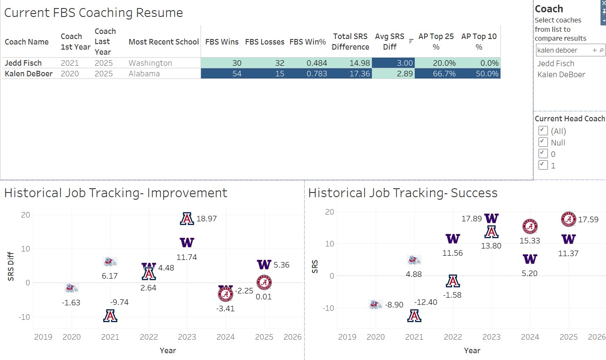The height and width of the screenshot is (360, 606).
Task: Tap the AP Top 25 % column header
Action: click(x=436, y=42)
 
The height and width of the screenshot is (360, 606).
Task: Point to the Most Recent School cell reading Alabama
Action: click(x=144, y=73)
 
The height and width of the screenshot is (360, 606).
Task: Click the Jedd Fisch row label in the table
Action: click(x=23, y=63)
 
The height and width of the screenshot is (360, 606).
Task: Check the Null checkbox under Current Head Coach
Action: click(x=543, y=142)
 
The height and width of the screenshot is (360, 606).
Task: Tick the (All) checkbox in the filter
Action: click(x=543, y=131)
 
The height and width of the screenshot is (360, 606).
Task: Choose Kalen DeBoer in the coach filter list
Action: click(x=561, y=74)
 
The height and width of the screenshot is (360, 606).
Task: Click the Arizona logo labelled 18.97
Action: click(x=187, y=218)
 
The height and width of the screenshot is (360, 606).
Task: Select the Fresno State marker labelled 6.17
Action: click(x=110, y=261)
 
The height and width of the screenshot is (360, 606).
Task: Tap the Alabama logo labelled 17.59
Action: click(x=569, y=219)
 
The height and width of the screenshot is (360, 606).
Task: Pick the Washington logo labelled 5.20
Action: click(x=530, y=259)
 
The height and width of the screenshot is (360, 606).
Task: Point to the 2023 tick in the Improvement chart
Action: click(x=187, y=337)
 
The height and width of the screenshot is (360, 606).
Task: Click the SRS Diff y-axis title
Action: click(x=11, y=266)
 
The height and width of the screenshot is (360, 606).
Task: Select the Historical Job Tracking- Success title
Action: click(x=402, y=193)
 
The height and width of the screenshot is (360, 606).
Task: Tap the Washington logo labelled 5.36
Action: click(x=264, y=265)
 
